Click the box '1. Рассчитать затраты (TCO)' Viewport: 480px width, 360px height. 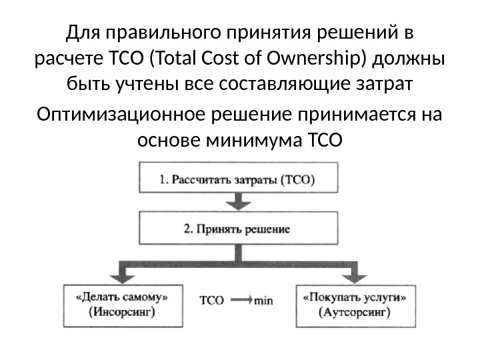click(x=237, y=179)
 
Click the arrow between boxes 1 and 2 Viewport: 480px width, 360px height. click(x=237, y=203)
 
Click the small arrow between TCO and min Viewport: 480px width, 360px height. click(x=241, y=301)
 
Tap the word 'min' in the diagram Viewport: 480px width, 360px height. click(x=263, y=301)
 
